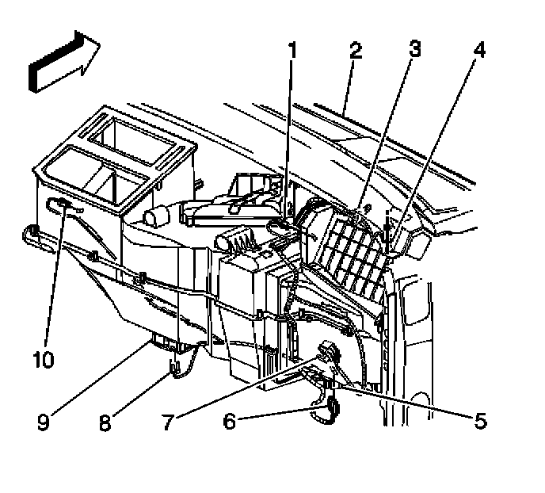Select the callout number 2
(356, 52)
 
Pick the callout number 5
(480, 421)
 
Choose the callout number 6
(230, 422)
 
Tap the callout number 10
(43, 360)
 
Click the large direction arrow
(62, 62)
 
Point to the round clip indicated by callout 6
(331, 409)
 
